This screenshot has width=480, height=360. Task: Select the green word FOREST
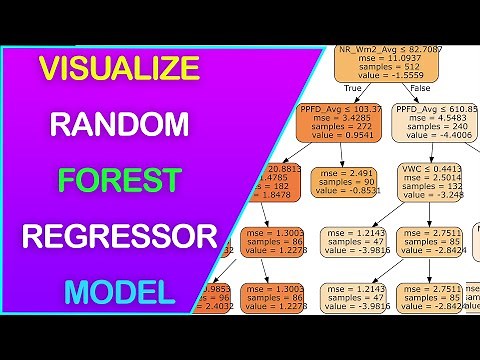click(118, 180)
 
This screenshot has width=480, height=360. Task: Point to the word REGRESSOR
click(119, 237)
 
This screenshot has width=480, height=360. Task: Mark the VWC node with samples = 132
click(433, 183)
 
